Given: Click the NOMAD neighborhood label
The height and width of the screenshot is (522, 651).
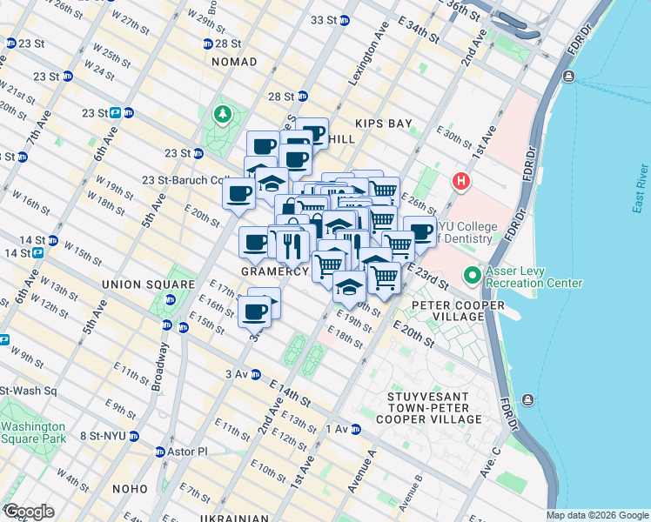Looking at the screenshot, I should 234,62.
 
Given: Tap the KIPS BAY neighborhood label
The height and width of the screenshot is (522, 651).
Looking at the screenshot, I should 382,124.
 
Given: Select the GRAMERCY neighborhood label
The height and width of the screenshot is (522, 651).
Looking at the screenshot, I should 275,271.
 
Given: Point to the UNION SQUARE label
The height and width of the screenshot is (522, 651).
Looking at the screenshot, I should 148,284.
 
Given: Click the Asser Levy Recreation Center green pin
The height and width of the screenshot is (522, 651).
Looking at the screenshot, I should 473,276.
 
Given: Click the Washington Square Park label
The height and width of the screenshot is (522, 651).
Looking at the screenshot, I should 33,432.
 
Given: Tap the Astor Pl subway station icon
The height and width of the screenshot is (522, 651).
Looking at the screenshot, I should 160,452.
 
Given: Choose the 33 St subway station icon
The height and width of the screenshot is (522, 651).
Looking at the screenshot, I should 345,20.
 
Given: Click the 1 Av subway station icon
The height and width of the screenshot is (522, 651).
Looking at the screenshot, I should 355,429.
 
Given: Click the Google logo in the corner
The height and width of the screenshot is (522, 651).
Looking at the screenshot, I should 29,512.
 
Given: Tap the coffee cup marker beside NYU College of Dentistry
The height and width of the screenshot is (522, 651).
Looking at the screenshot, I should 419,232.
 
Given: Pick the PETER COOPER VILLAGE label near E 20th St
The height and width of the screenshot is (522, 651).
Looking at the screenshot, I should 446,311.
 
